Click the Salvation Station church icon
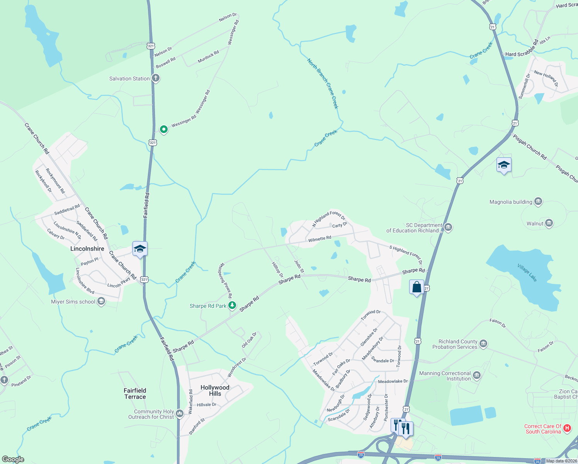(x=156, y=78)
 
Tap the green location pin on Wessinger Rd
(x=164, y=129)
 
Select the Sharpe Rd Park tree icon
(x=232, y=306)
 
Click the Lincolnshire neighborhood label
(x=87, y=249)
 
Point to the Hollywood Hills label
(x=215, y=391)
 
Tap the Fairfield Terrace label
(x=135, y=394)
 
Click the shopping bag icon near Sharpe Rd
(x=416, y=287)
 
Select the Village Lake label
(x=527, y=273)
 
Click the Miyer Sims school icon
(x=101, y=302)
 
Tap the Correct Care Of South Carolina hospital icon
(x=567, y=428)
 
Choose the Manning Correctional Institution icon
(x=477, y=375)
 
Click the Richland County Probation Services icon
(x=483, y=344)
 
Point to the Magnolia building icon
(x=538, y=201)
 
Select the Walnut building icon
(x=549, y=223)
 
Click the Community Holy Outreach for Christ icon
(x=180, y=414)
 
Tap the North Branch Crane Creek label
(x=323, y=84)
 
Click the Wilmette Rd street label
(x=320, y=239)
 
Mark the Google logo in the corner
(x=13, y=459)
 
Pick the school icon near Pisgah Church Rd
(x=504, y=165)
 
